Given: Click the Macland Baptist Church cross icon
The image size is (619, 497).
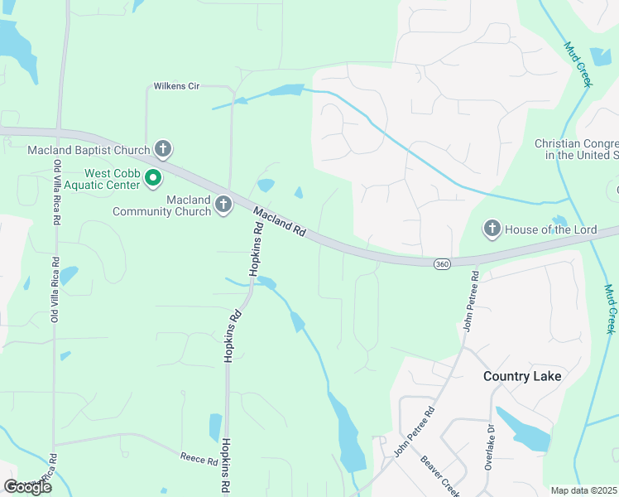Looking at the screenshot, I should coord(163,150).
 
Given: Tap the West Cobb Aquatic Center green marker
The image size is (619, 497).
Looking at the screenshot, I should coord(152,177).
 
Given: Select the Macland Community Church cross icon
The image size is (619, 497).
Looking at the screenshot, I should coord(223,205).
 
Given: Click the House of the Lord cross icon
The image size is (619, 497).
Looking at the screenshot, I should coord(492,228).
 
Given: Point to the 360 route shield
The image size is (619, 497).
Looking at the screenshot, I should coord(442,263).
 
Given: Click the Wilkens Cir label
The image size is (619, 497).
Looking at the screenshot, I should coord(179,86).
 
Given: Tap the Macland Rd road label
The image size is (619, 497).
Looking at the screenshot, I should coord(279,223).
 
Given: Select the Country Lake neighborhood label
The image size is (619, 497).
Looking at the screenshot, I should coord(522,376).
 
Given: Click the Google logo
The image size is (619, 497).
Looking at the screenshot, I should coord(27,487).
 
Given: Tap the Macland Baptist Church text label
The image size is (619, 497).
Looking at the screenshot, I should coord(89,150).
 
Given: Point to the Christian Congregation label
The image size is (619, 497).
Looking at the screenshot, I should coord(577,149).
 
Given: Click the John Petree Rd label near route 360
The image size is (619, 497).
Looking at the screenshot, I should coord(470,301).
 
